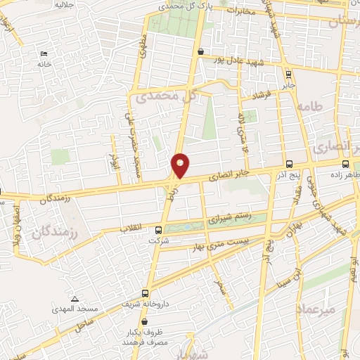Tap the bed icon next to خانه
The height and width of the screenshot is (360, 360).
[44, 53]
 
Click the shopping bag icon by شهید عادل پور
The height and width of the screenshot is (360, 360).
[202, 51]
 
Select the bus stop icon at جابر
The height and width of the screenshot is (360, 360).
[288, 73]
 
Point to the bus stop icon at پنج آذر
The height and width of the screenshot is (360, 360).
[288, 163]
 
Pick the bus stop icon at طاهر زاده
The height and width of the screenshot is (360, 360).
[345, 163]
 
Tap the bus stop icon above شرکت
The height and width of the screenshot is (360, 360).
[158, 230]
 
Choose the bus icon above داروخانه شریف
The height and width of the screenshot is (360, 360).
[146, 293]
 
